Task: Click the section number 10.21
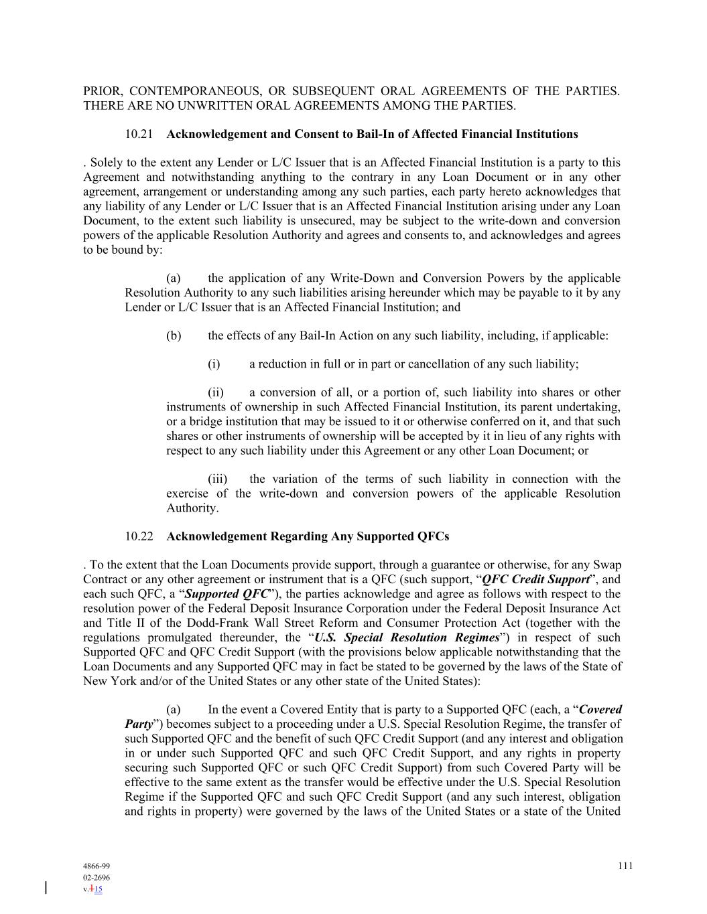click(x=139, y=135)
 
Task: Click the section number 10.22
click(x=139, y=537)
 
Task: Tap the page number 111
click(x=625, y=866)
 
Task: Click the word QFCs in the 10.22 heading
click(x=433, y=537)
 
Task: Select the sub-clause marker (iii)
click(x=217, y=479)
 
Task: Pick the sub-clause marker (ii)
click(x=216, y=393)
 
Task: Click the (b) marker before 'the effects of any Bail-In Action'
click(x=174, y=336)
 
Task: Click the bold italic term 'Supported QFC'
click(x=227, y=595)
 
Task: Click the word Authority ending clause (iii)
click(x=192, y=508)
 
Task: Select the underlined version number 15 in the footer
click(x=98, y=889)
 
